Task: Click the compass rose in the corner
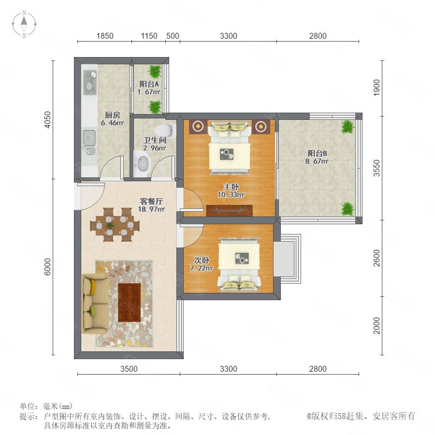pos(24,24)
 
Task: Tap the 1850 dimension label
pos(105,36)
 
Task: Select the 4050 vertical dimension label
pos(48,120)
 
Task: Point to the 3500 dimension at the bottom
pos(129,369)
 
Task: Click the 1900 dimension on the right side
pos(377,87)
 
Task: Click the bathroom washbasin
pos(142,164)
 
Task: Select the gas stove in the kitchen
pos(90,82)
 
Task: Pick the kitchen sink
pos(89,142)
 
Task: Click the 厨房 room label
pos(112,115)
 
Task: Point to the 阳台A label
pos(149,84)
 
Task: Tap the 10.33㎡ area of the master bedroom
pos(231,195)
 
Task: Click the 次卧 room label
pos(202,260)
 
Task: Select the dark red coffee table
pos(130,303)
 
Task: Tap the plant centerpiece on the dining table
pos(110,225)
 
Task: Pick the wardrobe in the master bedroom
pos(230,211)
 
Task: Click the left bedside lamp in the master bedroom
pos(198,127)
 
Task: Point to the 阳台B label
pos(318,153)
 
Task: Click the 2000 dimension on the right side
pos(377,326)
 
